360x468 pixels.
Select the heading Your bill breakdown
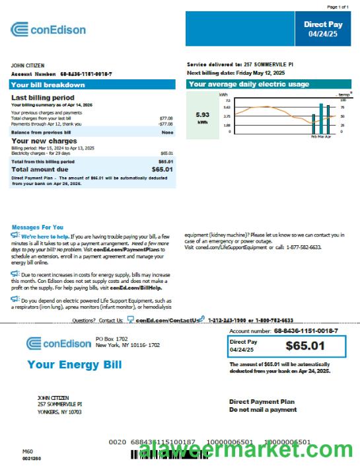48,85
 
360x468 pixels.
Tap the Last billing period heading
42,97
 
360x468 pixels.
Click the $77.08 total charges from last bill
166,118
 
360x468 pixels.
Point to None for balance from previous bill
167,132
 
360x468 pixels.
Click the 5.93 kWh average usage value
203,114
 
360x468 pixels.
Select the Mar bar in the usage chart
321,118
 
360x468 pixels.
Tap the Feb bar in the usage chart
314,123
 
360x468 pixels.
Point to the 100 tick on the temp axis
343,100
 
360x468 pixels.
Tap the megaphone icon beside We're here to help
15,235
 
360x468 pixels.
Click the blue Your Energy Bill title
74,365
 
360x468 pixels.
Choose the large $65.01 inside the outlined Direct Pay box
305,345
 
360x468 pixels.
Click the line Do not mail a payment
263,410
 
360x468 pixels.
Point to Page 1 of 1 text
336,6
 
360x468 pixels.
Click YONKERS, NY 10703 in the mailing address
59,411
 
